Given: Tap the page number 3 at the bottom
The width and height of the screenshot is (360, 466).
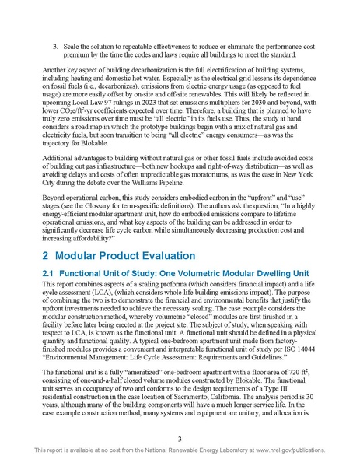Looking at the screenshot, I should (180, 441).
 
